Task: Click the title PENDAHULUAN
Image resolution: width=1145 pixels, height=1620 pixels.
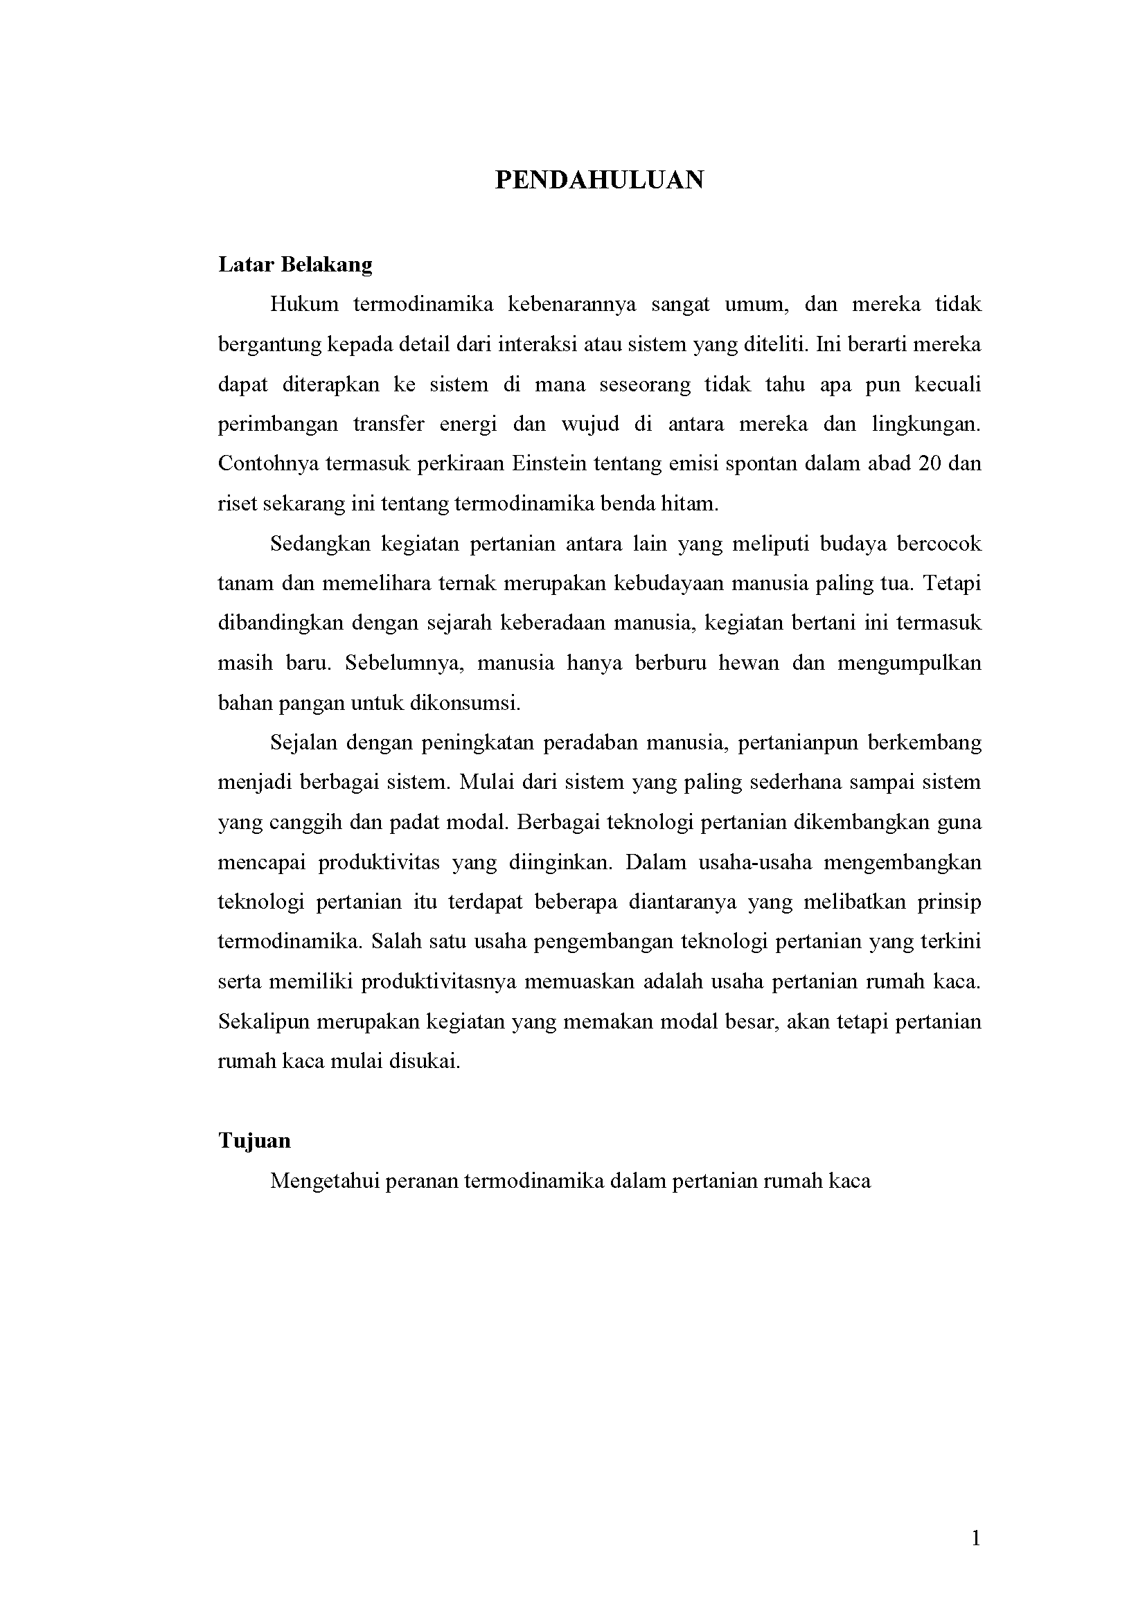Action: [599, 181]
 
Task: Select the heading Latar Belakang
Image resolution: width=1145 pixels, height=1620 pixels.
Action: [295, 265]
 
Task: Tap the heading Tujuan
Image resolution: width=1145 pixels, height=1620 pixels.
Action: [254, 1141]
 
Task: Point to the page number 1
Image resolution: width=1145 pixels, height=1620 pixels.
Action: [976, 1538]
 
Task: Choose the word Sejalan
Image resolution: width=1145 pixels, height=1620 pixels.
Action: [303, 743]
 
